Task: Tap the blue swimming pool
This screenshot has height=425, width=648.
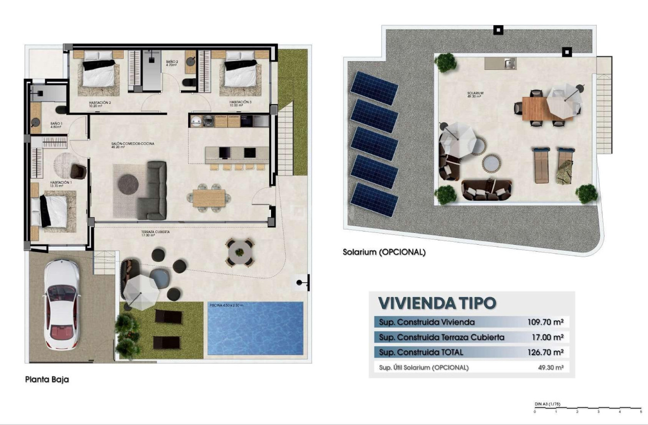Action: (x=255, y=328)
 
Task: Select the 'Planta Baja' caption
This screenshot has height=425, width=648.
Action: (x=47, y=380)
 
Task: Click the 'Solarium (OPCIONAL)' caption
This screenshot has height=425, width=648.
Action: (x=384, y=252)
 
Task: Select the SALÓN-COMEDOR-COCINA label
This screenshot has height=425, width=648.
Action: (x=133, y=144)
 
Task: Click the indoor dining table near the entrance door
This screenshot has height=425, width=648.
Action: (x=209, y=197)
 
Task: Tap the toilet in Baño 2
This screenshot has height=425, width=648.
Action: (x=188, y=82)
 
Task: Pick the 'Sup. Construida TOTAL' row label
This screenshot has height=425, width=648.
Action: (x=421, y=352)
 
